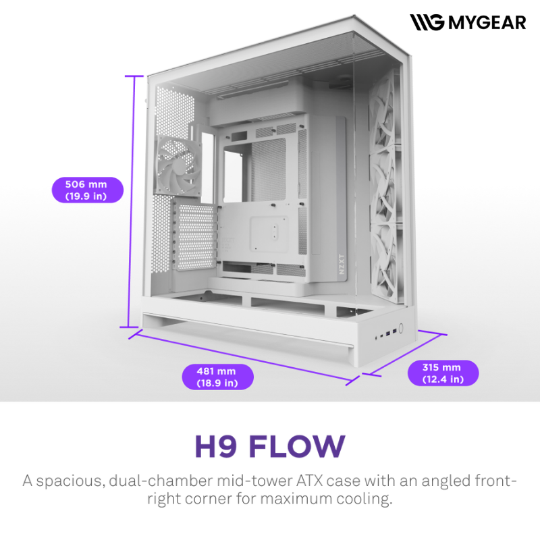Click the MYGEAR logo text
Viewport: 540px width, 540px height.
pos(487,23)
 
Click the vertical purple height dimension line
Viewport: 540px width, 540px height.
pos(130,201)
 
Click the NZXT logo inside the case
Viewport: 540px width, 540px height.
pos(342,264)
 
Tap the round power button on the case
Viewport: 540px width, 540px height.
pos(400,327)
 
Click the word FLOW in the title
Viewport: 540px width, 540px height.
pos(297,446)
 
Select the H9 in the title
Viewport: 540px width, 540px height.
pos(216,446)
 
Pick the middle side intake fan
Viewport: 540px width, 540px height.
pos(385,186)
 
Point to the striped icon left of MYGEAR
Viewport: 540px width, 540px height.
pos(427,22)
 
